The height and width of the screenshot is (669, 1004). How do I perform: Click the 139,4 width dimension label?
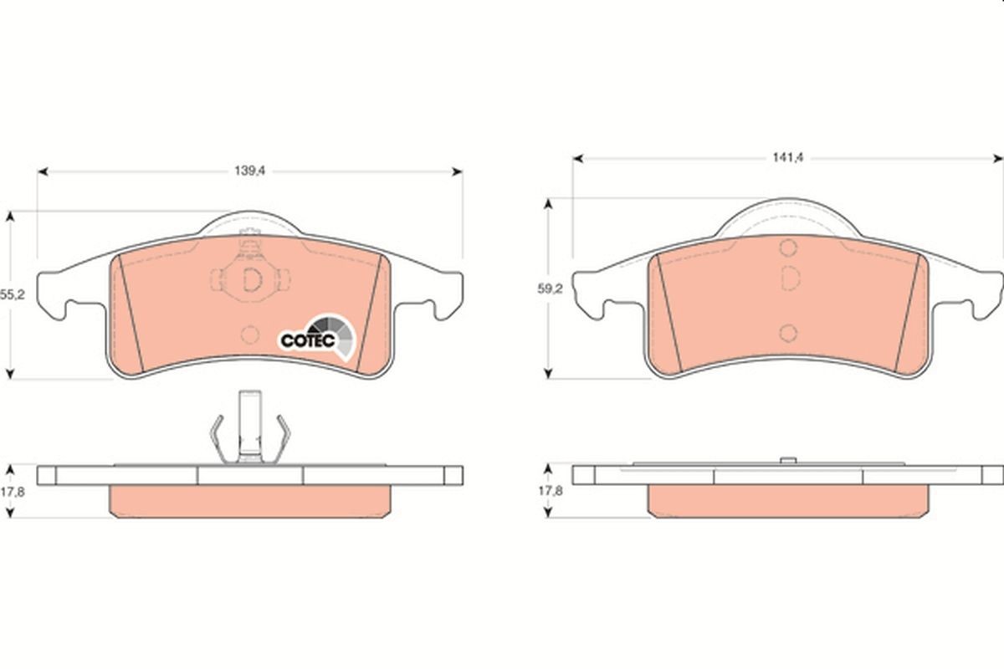[250, 171]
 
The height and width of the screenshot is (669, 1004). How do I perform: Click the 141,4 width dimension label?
[788, 158]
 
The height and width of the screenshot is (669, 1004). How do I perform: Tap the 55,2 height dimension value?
[12, 294]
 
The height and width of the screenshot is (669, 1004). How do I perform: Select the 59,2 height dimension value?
[550, 289]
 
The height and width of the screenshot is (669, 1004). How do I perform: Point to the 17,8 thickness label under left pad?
[12, 492]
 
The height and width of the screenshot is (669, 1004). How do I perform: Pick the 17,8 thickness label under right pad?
[551, 491]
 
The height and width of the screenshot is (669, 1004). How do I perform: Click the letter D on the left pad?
[252, 279]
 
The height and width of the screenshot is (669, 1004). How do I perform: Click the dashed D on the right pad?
[790, 278]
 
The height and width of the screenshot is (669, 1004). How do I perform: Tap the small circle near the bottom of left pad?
[249, 334]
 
